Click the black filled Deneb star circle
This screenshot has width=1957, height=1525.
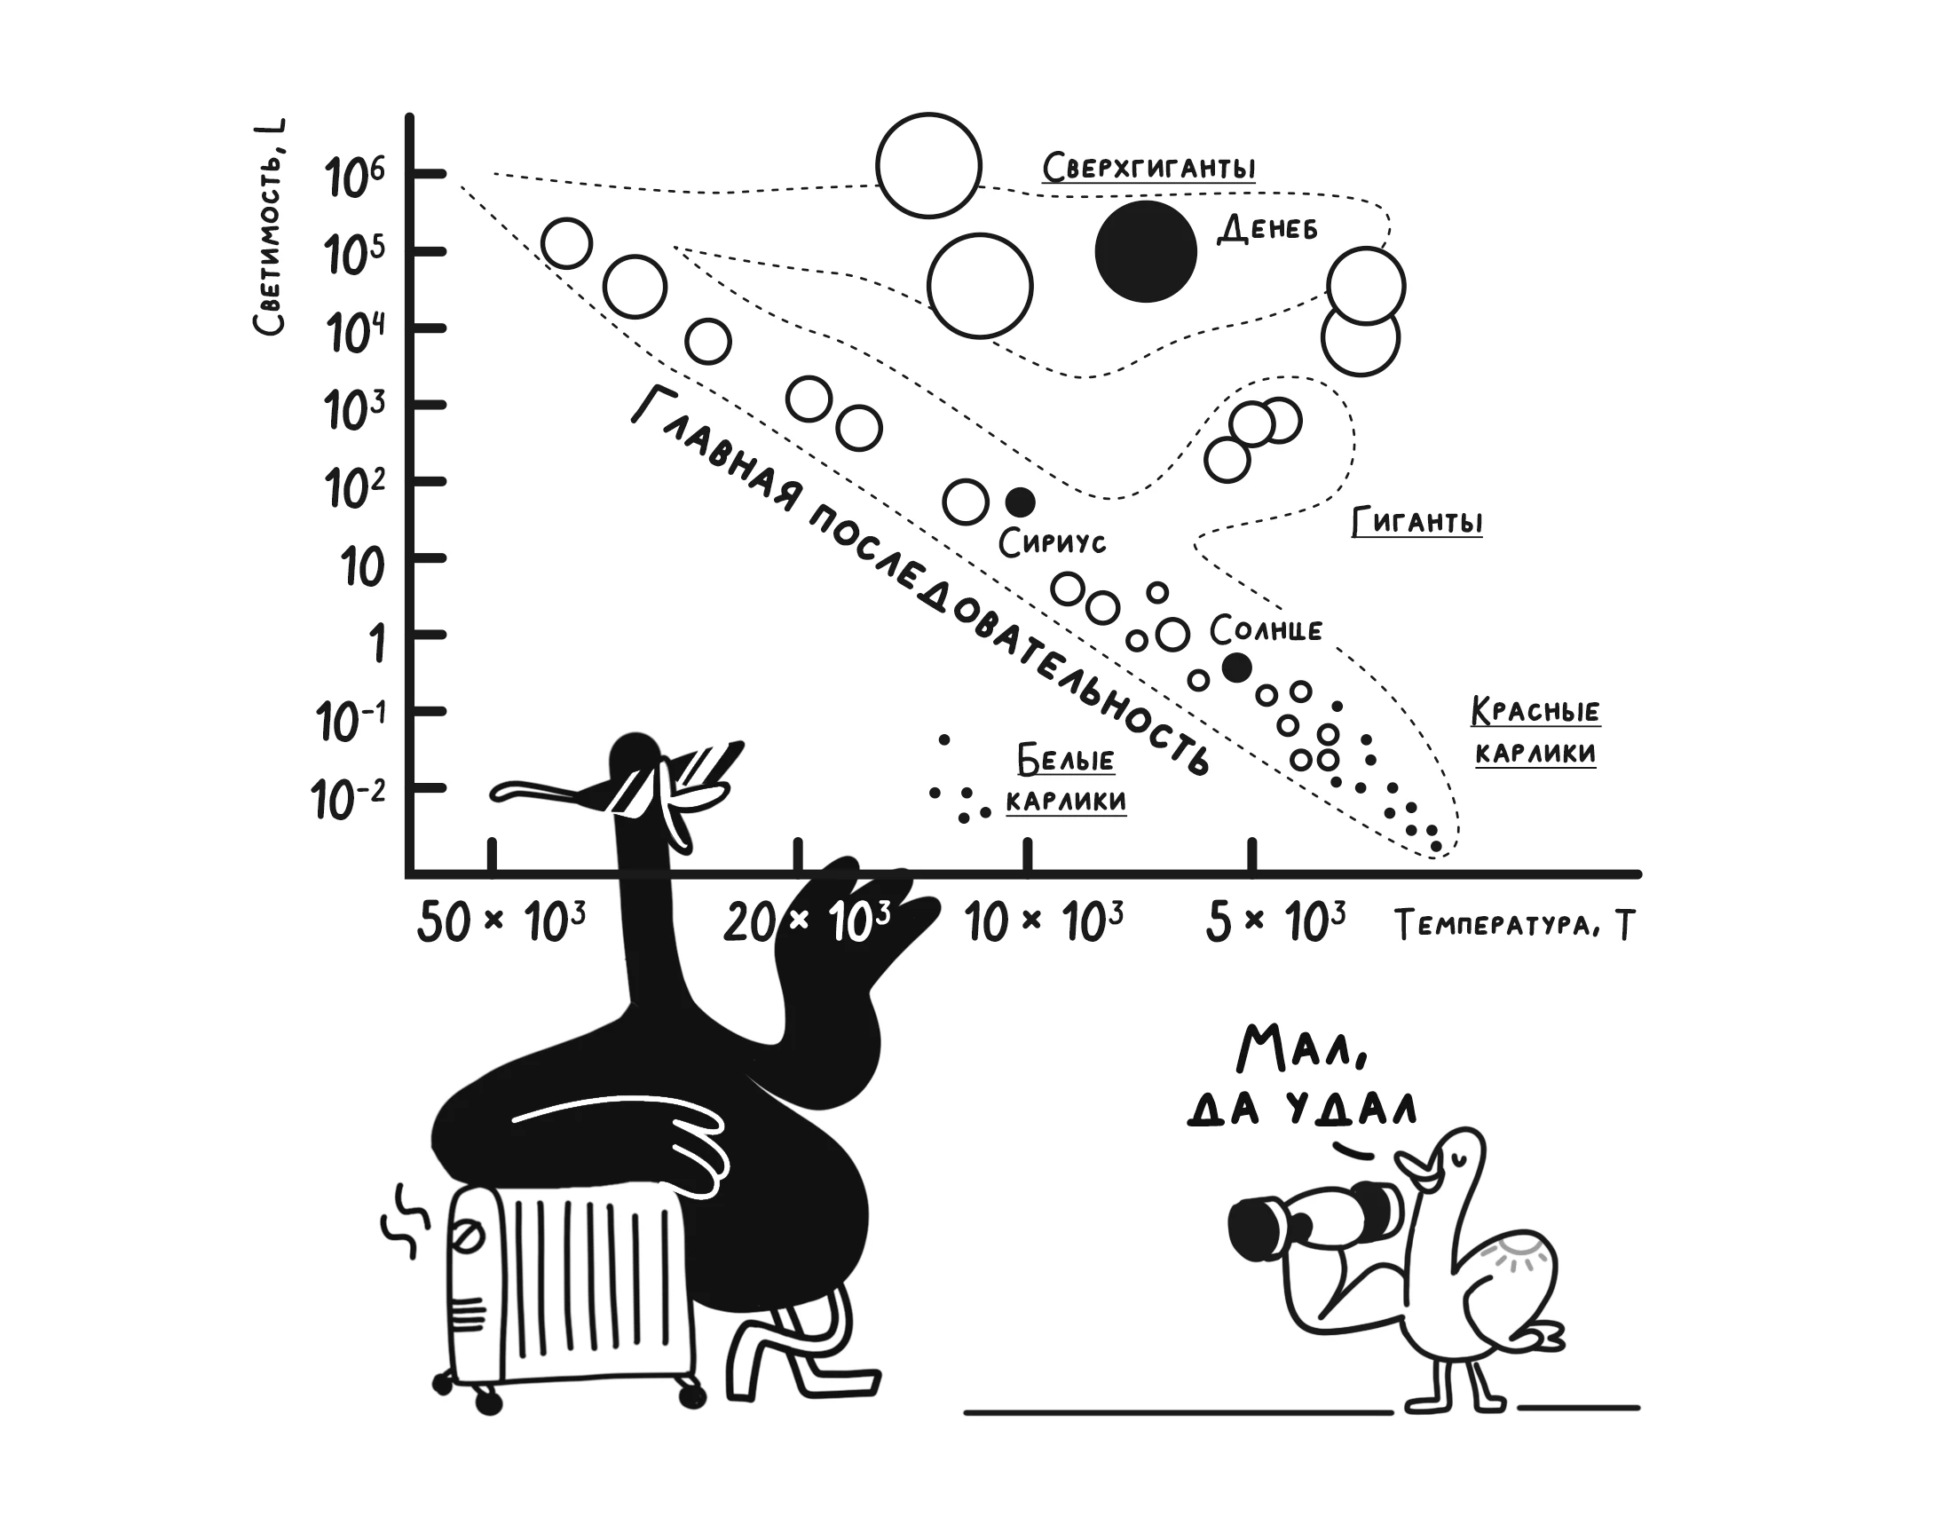1145,251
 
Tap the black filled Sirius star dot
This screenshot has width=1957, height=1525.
1020,502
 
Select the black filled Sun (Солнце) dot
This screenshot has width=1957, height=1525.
1236,667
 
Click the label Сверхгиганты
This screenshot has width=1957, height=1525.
1148,168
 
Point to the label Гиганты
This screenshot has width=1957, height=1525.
1416,521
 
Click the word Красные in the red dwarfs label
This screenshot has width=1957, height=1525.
1535,711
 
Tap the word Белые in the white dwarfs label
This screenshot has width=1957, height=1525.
1065,761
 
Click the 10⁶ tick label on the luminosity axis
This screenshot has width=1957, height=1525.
355,177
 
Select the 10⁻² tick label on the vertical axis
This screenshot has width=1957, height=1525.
349,799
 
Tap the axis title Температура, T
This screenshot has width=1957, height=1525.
1514,925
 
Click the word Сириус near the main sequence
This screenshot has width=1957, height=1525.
1052,542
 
